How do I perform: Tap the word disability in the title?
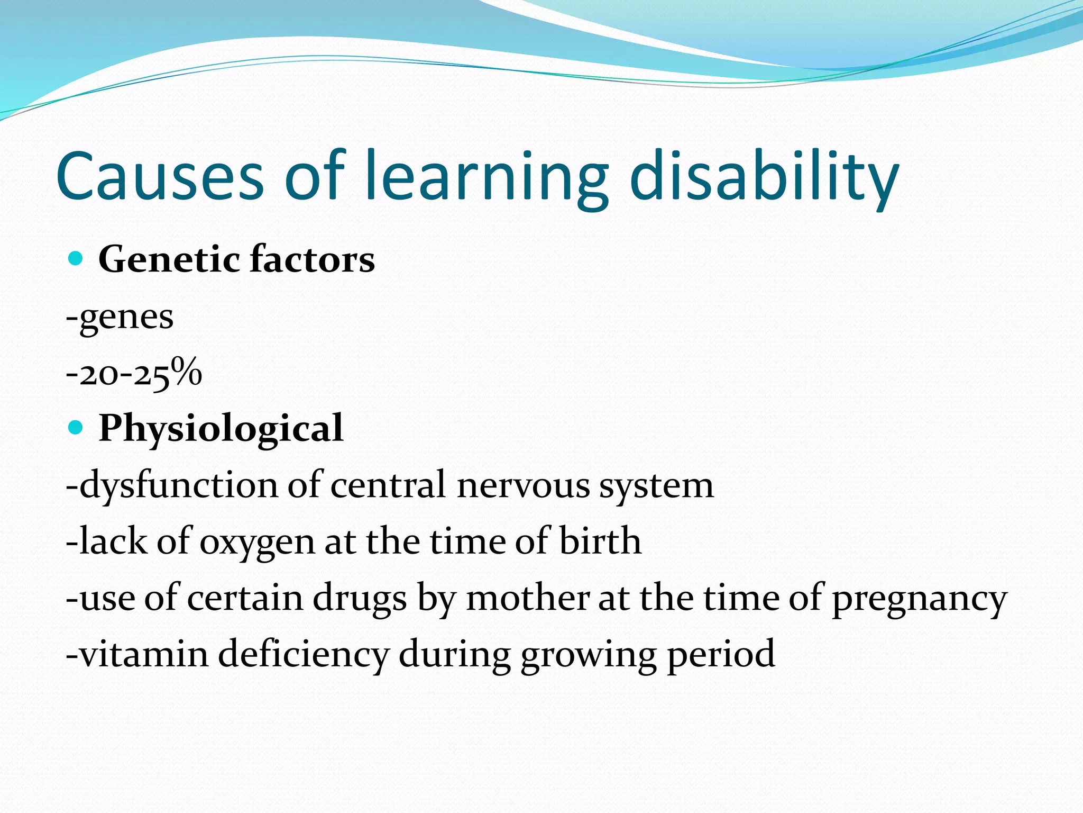click(x=764, y=176)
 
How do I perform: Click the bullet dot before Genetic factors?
click(x=76, y=259)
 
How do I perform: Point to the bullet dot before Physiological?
click(x=76, y=428)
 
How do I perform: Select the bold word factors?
click(x=312, y=260)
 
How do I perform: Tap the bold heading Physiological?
click(x=221, y=429)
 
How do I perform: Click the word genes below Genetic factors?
click(x=126, y=318)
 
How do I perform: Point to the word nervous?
click(x=522, y=485)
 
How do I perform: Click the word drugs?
click(x=360, y=599)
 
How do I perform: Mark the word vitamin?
click(x=144, y=654)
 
